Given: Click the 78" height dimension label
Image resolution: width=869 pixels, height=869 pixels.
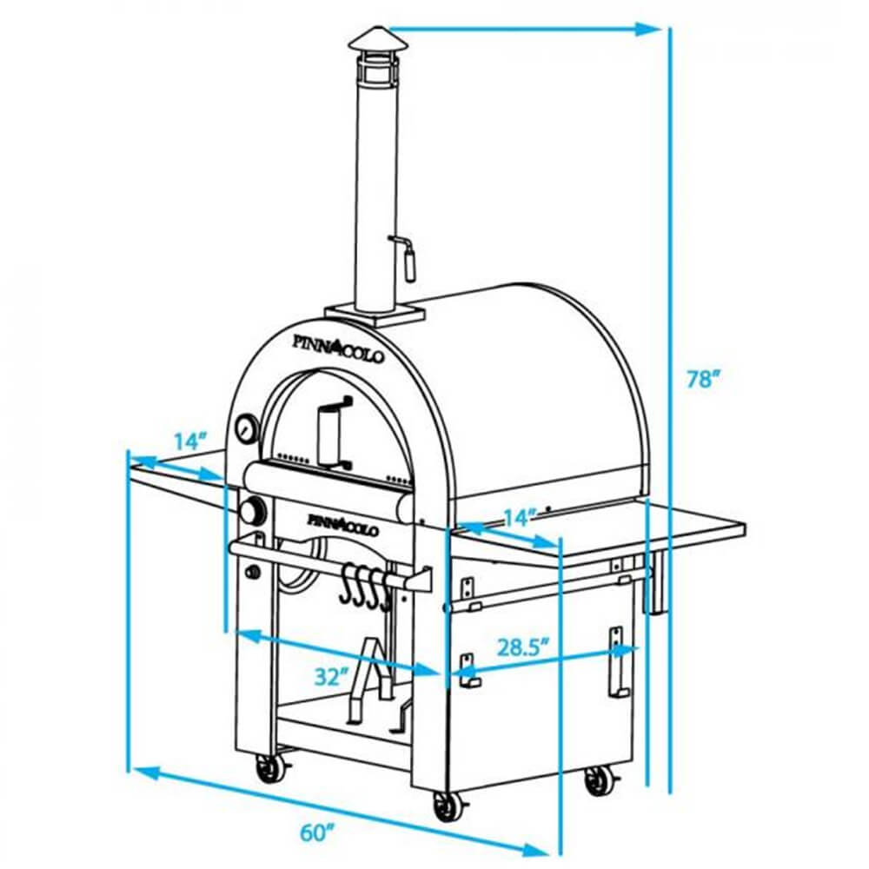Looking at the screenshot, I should click(x=703, y=379).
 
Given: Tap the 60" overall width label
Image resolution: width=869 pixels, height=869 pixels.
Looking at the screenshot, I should click(x=319, y=831).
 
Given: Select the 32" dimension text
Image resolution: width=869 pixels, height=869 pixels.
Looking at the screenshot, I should click(x=331, y=676).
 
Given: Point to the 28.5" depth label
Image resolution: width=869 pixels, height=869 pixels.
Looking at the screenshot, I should click(x=524, y=647).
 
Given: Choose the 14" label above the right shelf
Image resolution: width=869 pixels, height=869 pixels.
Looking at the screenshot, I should click(x=518, y=518).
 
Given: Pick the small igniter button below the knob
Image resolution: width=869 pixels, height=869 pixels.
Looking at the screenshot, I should click(x=255, y=573).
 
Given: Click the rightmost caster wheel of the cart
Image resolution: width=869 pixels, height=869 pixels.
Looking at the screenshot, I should click(x=598, y=781).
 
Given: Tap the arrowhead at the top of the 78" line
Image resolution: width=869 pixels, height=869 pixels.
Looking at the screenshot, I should click(x=647, y=30).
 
